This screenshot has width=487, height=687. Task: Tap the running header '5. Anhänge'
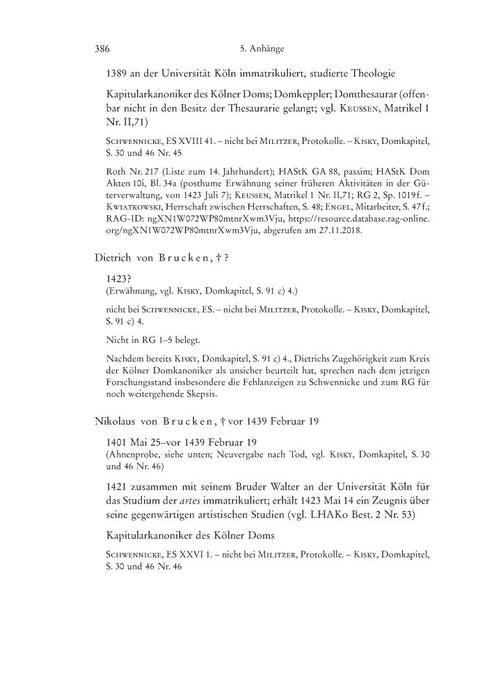click(263, 49)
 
